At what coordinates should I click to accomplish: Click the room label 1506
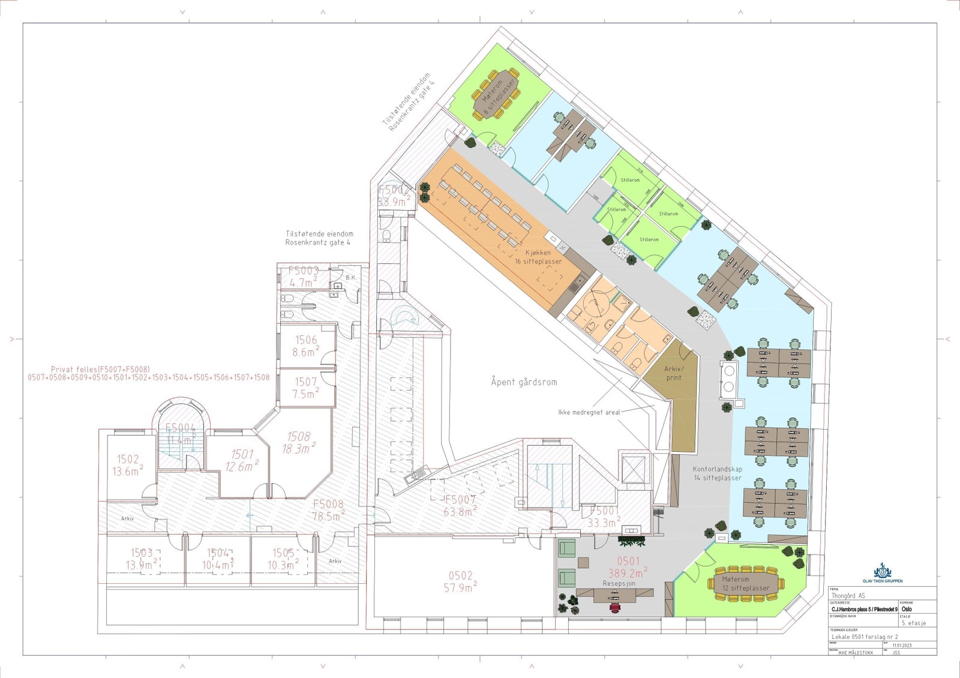[x=306, y=340]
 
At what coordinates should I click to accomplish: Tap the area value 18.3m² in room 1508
[x=298, y=448]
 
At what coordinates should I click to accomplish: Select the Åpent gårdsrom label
[x=524, y=382]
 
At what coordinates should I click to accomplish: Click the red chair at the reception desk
[x=614, y=607]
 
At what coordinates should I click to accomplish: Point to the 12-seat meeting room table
[x=746, y=584]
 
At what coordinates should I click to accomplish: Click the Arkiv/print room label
[x=674, y=373]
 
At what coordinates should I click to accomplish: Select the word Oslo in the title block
[x=906, y=608]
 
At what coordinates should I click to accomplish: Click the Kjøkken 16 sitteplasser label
[x=538, y=257]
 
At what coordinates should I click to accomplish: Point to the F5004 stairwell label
[x=180, y=428]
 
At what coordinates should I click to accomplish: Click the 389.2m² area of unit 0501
[x=628, y=573]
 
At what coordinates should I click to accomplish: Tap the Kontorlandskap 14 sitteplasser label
[x=718, y=473]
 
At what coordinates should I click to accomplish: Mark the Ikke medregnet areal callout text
[x=589, y=412]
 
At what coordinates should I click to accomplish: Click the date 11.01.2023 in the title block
[x=901, y=646]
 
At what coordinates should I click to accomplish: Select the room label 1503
[x=142, y=553]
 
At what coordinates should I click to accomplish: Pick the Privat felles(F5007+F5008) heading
[x=100, y=369]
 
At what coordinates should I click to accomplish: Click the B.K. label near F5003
[x=350, y=277]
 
